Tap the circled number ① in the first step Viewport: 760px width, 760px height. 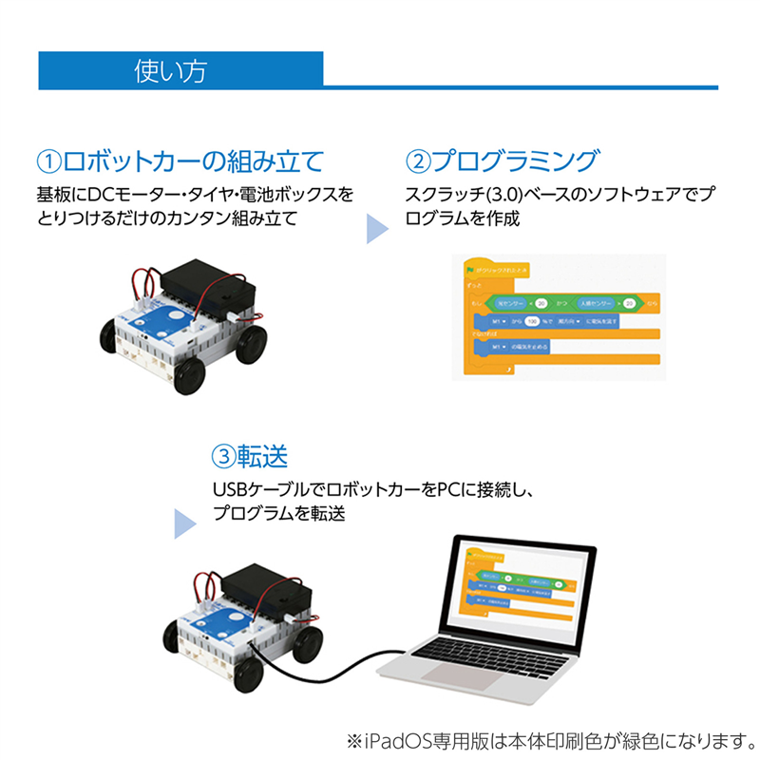click(x=47, y=159)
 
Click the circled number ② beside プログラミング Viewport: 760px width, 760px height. click(x=418, y=159)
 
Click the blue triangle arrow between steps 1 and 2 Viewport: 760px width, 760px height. click(x=378, y=229)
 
